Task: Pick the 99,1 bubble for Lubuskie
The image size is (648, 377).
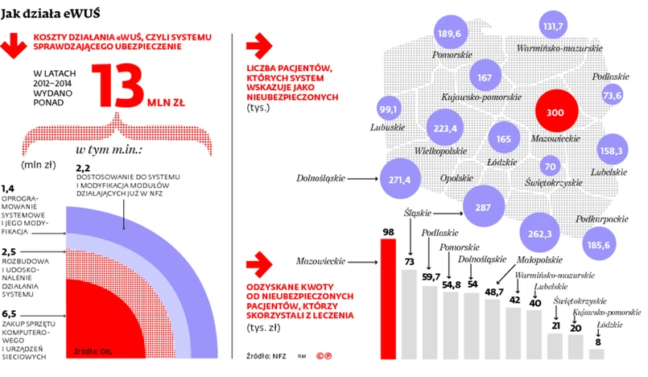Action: [390, 110]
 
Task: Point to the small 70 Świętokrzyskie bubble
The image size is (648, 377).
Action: [551, 167]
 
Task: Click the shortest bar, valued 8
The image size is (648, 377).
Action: [596, 353]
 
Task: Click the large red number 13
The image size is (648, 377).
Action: [120, 86]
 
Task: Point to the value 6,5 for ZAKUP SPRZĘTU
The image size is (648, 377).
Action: [10, 313]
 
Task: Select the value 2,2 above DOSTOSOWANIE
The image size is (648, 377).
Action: [81, 167]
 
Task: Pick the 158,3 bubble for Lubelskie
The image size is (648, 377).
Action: [612, 150]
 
